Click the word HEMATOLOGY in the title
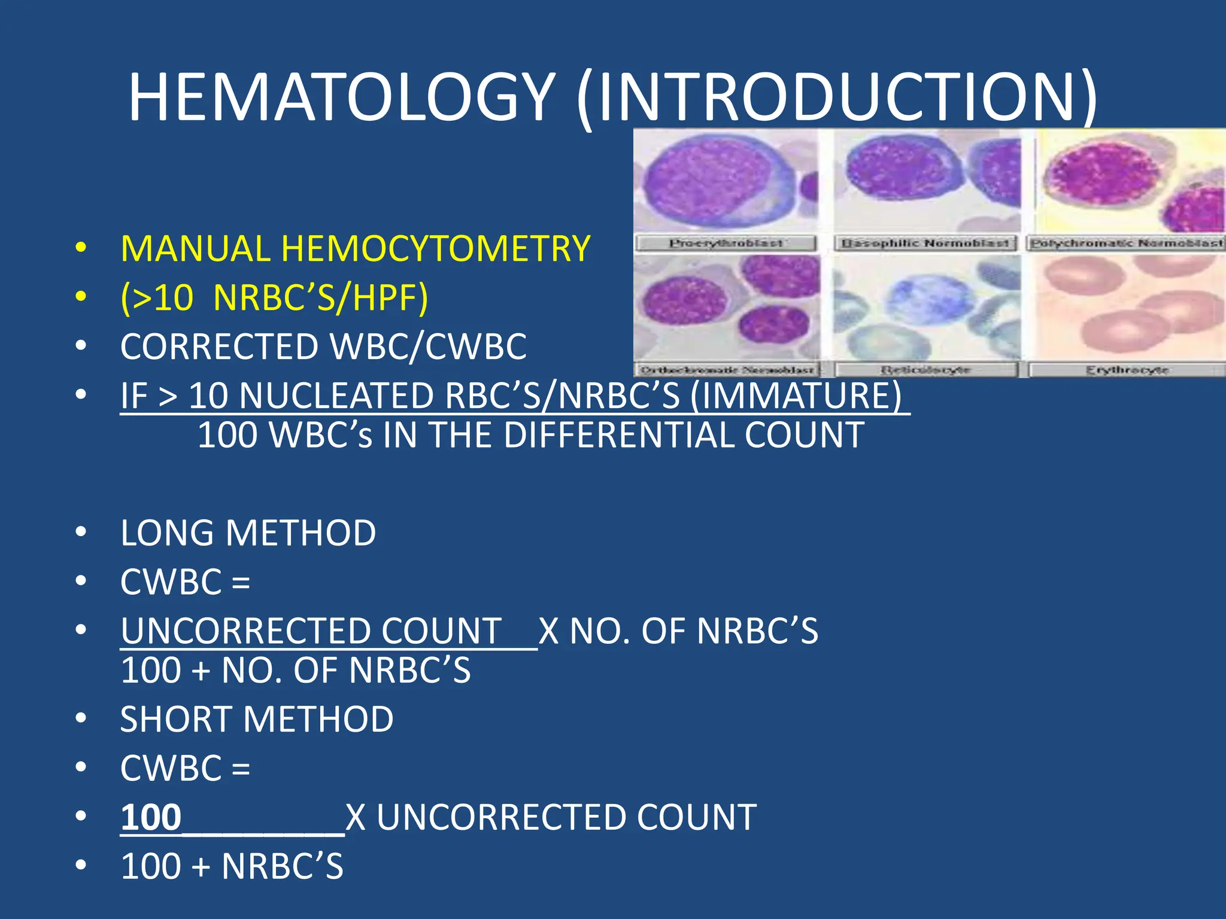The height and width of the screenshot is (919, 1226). click(x=341, y=98)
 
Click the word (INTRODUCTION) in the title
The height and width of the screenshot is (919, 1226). click(x=837, y=98)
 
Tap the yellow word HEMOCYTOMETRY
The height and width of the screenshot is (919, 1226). click(x=436, y=249)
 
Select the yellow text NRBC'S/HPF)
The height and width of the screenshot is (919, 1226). click(x=321, y=297)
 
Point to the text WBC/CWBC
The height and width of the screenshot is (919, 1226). click(x=429, y=347)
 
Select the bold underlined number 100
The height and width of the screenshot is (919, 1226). click(x=151, y=817)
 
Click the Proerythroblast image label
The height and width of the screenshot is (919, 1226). click(x=726, y=244)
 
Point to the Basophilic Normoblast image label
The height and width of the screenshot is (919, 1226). click(x=925, y=244)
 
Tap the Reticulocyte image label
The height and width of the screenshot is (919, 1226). click(x=925, y=370)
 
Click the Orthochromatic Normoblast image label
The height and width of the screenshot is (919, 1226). click(x=727, y=370)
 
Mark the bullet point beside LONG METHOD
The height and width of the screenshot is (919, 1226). click(x=81, y=532)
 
